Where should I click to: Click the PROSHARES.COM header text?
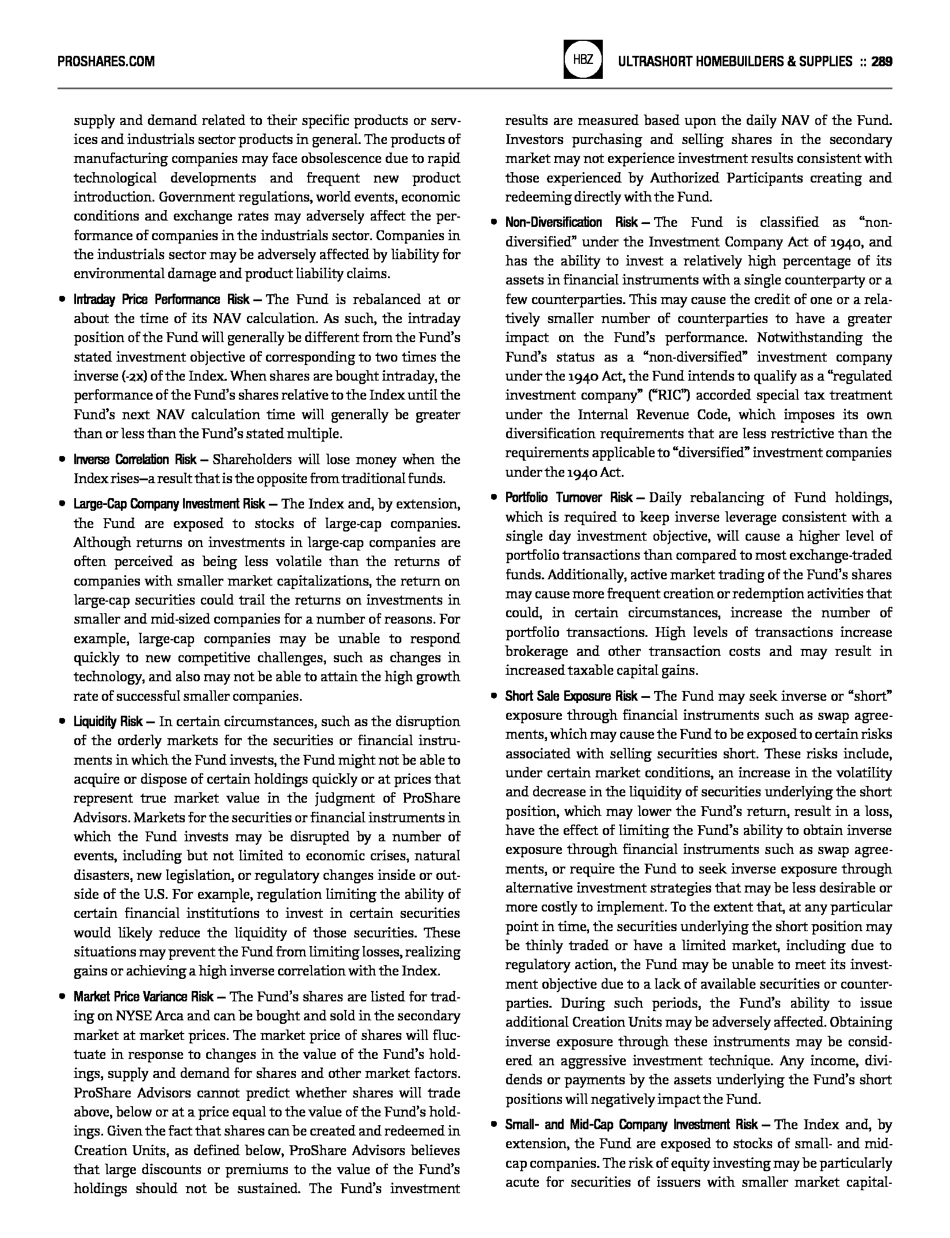click(106, 61)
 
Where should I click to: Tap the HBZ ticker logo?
click(584, 59)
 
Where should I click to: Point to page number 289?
click(881, 61)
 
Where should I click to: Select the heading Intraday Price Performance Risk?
click(162, 299)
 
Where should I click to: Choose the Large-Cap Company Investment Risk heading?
click(169, 504)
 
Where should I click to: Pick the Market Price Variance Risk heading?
click(143, 997)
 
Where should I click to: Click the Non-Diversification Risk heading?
click(571, 223)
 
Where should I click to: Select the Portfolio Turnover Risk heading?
click(569, 498)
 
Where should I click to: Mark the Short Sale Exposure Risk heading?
click(571, 696)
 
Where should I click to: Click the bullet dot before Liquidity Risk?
click(62, 721)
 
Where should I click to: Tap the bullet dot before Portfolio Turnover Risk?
click(493, 498)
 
